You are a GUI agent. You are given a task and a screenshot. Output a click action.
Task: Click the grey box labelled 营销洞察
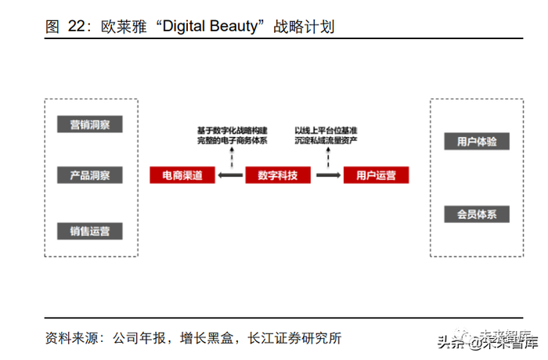pos(90,125)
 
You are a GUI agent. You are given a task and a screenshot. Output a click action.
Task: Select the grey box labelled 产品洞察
pos(90,175)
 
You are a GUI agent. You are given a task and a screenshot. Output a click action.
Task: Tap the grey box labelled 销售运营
pos(90,231)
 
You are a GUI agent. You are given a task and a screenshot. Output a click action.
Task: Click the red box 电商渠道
pos(182,175)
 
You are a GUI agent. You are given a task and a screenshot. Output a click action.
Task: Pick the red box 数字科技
pos(278,175)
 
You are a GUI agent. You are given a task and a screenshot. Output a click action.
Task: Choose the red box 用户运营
pos(377,175)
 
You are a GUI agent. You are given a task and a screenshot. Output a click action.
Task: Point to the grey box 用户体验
pos(477,142)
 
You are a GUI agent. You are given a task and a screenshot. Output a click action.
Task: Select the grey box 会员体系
pos(477,214)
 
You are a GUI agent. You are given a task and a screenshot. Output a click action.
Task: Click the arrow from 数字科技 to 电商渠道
pos(229,175)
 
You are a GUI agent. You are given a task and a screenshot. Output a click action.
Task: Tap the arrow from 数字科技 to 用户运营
pos(327,175)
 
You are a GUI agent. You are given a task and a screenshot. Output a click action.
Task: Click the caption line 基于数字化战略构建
pos(232,129)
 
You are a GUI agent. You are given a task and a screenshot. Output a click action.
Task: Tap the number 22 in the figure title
pos(76,27)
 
